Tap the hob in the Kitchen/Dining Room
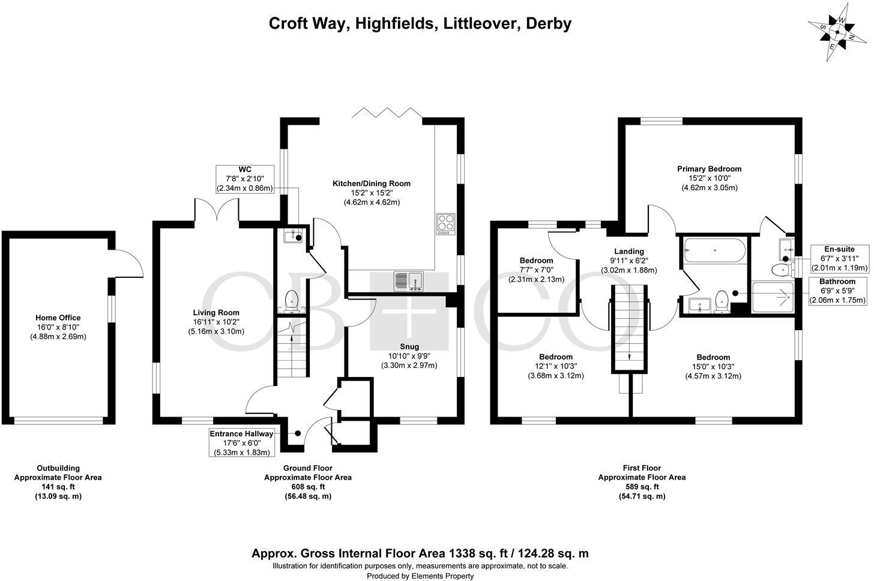click(446, 224)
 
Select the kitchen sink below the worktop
click(409, 280)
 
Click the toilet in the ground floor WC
click(291, 301)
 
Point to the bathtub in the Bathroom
click(714, 250)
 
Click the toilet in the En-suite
click(781, 269)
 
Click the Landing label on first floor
click(629, 251)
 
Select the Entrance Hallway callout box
click(241, 443)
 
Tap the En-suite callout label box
click(839, 258)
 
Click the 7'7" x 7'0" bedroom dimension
click(536, 269)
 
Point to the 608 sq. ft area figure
click(307, 487)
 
